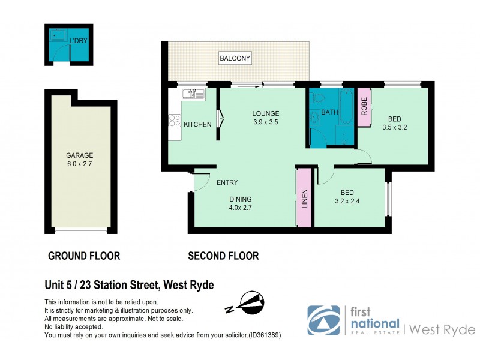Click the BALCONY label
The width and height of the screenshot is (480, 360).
pyautogui.click(x=235, y=58)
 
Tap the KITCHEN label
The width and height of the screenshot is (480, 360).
pyautogui.click(x=197, y=125)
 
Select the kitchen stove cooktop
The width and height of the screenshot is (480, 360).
pyautogui.click(x=175, y=121)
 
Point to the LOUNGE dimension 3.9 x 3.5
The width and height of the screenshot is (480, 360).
pyautogui.click(x=265, y=122)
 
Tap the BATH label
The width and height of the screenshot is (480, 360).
pyautogui.click(x=330, y=112)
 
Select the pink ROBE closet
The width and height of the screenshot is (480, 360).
pyautogui.click(x=364, y=107)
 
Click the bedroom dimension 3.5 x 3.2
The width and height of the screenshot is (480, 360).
pyautogui.click(x=395, y=127)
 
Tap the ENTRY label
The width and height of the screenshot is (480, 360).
pyautogui.click(x=227, y=183)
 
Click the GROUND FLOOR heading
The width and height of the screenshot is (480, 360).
pyautogui.click(x=84, y=256)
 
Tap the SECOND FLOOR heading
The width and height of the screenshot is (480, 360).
pyautogui.click(x=223, y=256)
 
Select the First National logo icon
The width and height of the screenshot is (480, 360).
pyautogui.click(x=323, y=320)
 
